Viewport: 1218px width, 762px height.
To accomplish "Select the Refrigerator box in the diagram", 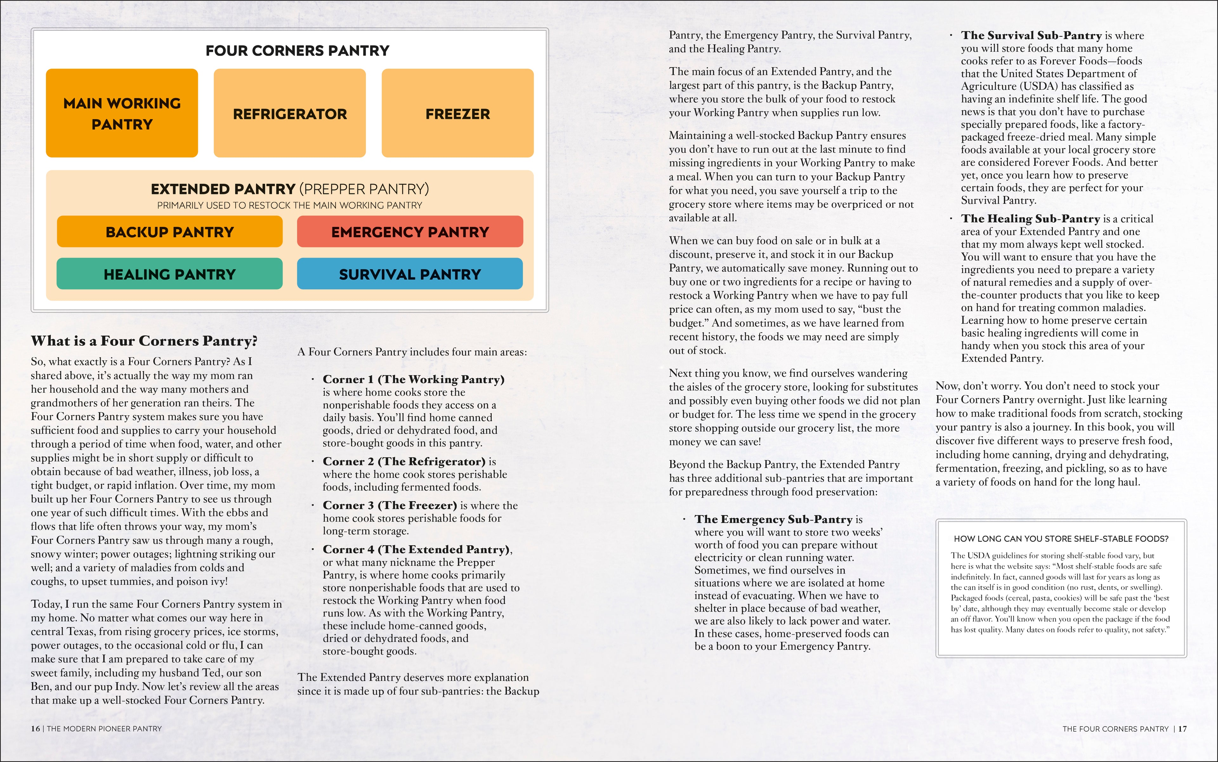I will point(290,113).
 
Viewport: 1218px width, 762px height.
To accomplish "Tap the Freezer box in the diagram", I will point(457,113).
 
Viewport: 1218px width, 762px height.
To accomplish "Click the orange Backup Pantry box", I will point(169,232).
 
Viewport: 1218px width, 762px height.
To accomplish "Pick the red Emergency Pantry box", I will point(410,232).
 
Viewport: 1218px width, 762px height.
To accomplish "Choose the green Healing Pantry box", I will point(169,274).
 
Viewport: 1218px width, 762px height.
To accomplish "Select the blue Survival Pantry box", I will point(410,274).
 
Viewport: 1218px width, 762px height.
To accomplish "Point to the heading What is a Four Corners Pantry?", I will point(144,341).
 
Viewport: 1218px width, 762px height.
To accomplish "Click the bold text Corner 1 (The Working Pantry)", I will point(414,379).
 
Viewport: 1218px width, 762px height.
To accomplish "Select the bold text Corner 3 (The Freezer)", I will point(390,506).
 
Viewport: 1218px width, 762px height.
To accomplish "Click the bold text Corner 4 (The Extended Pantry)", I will point(416,549).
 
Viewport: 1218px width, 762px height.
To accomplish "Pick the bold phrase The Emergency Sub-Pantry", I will point(773,519).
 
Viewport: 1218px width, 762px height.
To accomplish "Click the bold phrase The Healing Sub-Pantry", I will point(1030,219).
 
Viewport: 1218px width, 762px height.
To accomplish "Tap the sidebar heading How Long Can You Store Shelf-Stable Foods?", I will point(1061,539).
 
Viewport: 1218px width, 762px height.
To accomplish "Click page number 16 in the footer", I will point(35,729).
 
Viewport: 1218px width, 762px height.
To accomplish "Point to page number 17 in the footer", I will point(1183,729).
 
